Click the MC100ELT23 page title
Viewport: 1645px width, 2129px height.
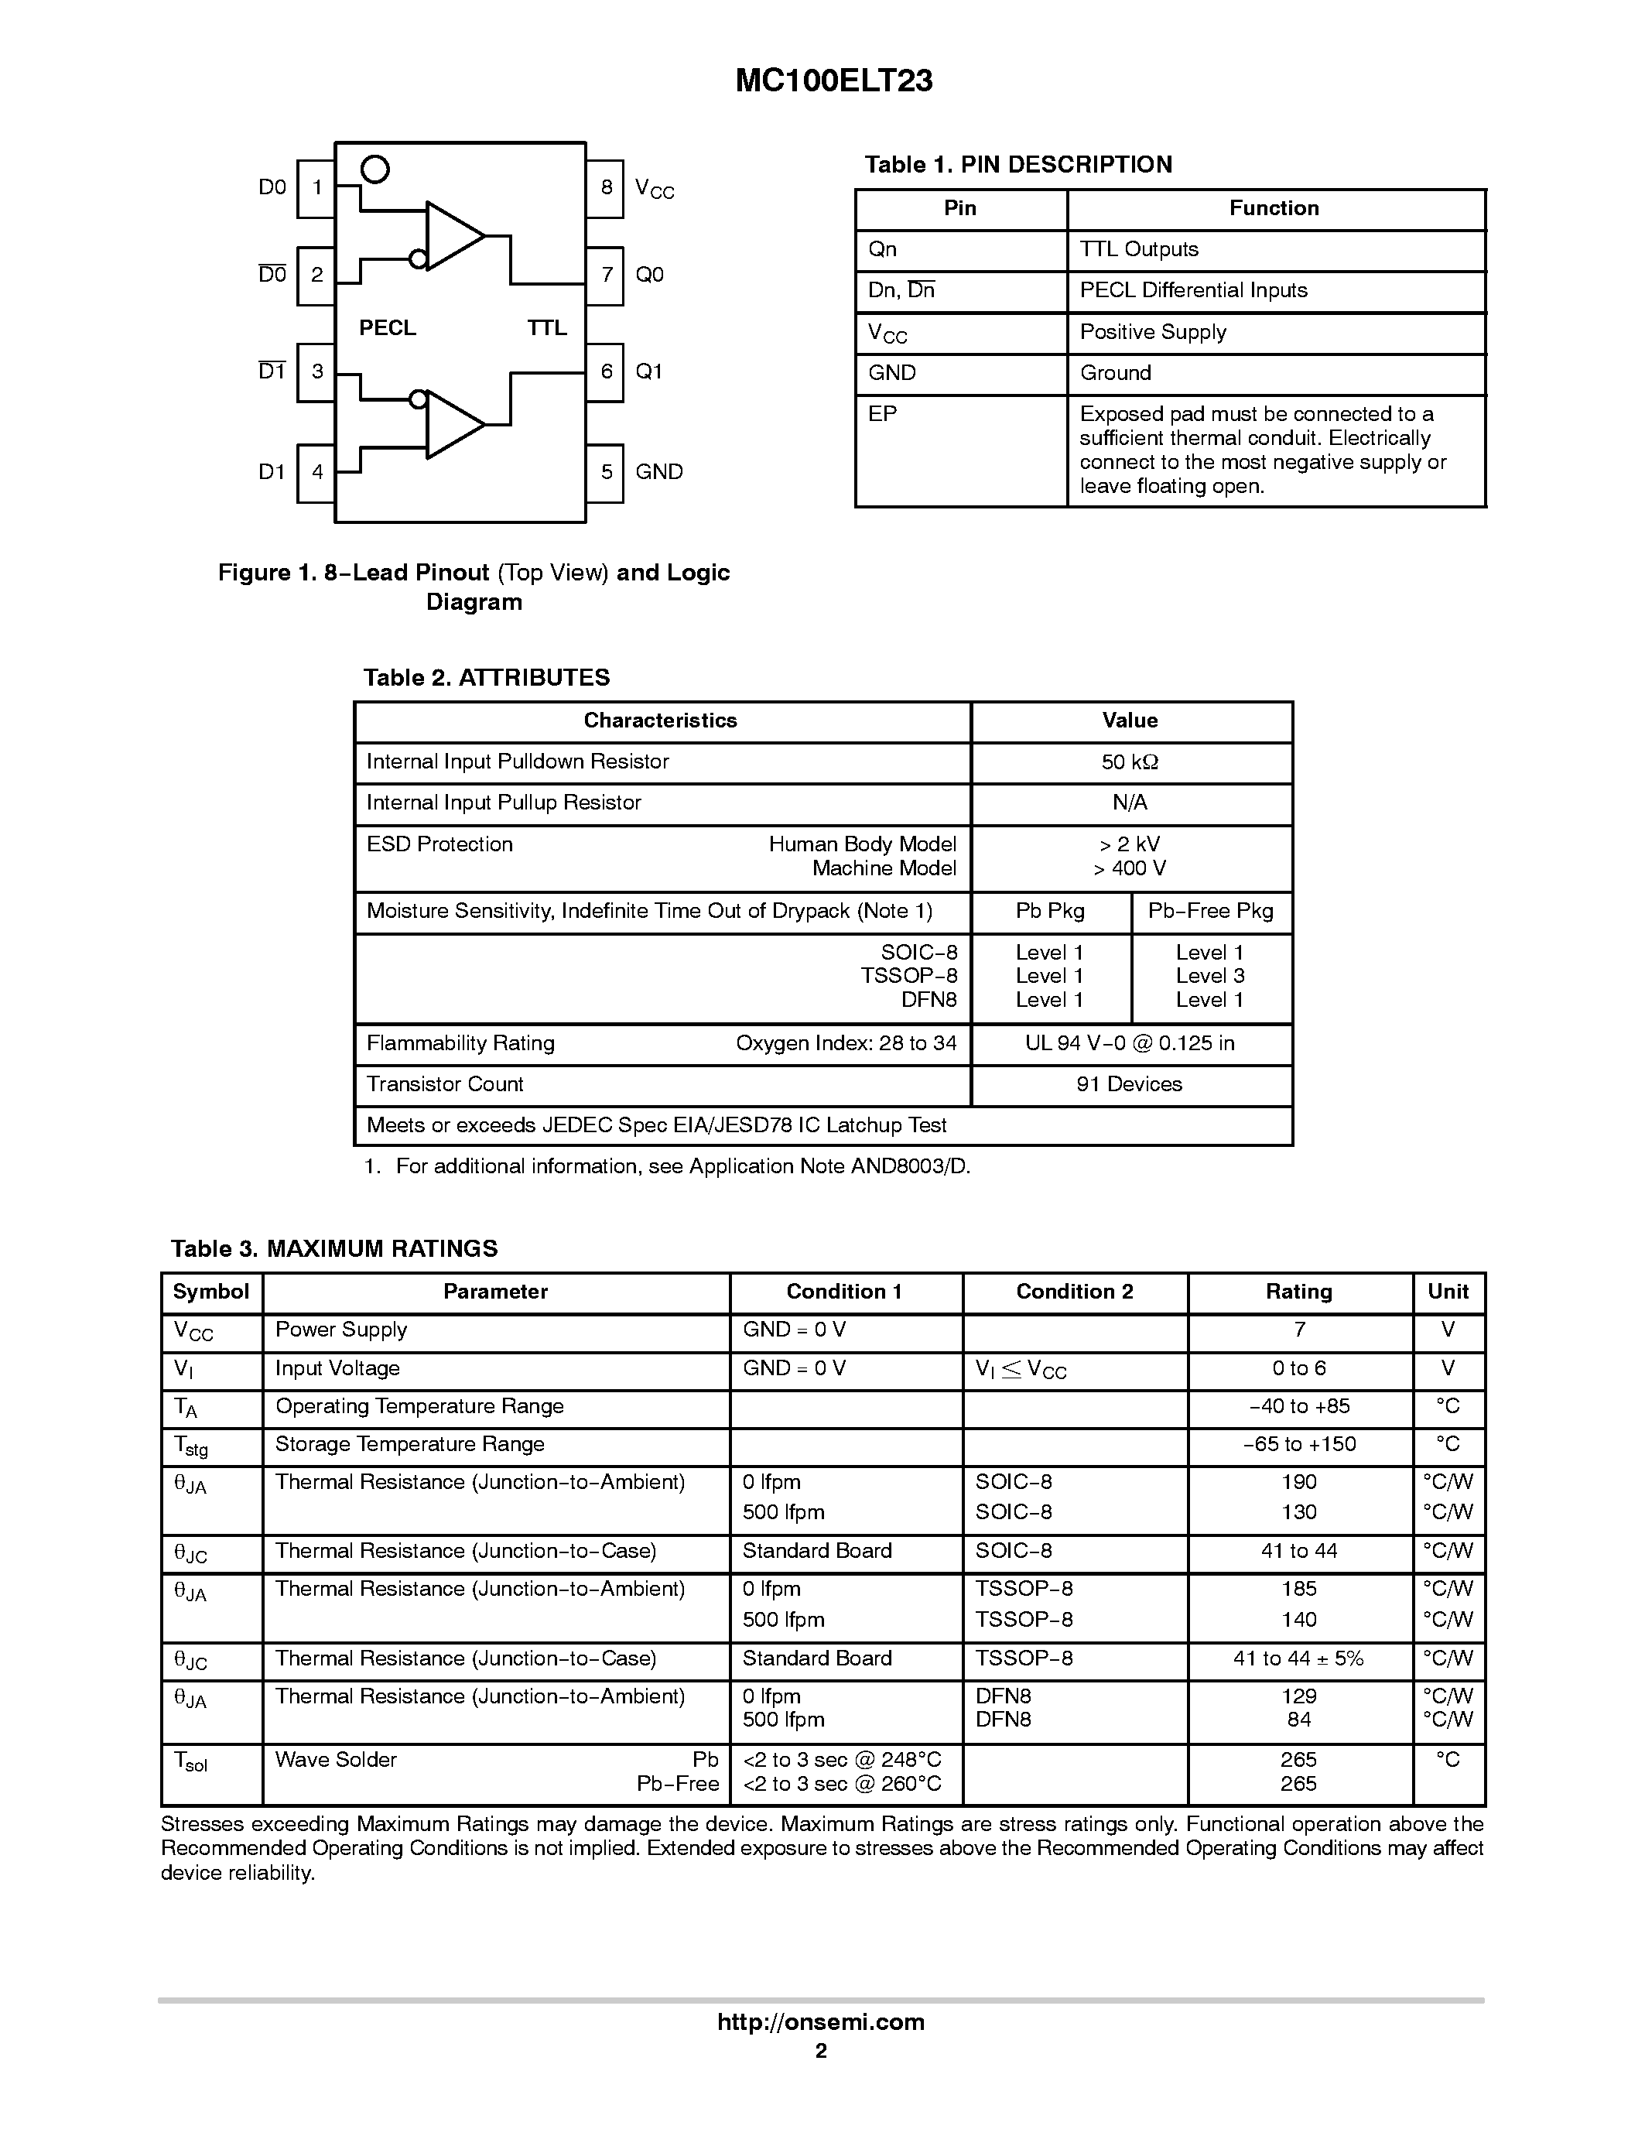pos(833,81)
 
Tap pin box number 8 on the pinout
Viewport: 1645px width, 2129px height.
pos(605,187)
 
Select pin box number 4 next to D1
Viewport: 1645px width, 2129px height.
pos(316,473)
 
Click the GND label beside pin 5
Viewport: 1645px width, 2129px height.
pos(658,472)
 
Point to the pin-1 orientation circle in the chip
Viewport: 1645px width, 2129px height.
pos(375,170)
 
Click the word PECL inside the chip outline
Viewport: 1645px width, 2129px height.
pos(387,328)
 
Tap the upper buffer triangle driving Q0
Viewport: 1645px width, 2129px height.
pos(451,236)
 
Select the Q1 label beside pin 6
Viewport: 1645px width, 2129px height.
pos(649,371)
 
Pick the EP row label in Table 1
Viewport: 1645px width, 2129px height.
pos(882,414)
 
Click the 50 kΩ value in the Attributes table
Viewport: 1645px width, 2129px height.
pos(1130,762)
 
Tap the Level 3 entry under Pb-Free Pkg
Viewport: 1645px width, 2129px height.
pos(1209,976)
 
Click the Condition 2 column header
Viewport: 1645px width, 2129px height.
pos(1074,1292)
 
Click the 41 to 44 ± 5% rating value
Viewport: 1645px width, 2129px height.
pos(1298,1658)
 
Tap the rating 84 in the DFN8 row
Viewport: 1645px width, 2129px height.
pos(1298,1720)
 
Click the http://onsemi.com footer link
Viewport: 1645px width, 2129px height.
pos(820,2021)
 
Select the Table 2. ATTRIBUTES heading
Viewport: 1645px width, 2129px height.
pos(486,677)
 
